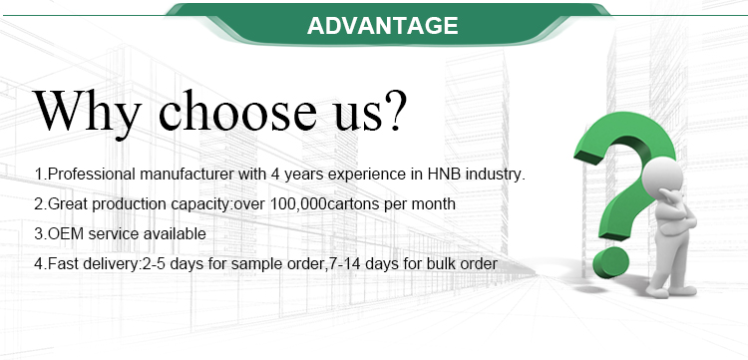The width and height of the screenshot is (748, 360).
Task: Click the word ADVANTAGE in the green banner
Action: (383, 25)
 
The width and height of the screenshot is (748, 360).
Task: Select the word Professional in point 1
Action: (92, 175)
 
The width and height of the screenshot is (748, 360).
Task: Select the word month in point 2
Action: (433, 204)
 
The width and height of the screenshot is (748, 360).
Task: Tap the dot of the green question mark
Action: (610, 262)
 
